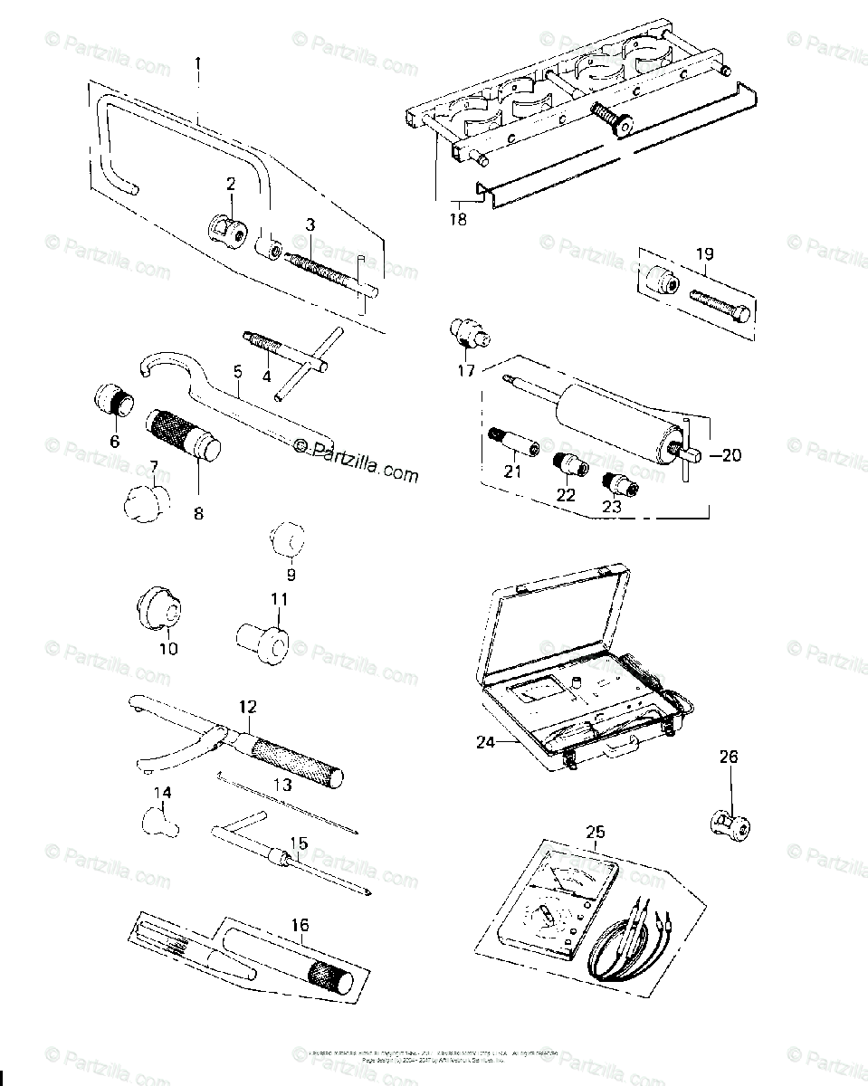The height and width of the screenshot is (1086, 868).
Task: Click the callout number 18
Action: pos(459,219)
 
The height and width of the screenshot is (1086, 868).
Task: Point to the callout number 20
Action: pos(730,455)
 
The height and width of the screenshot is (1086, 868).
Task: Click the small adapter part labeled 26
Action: pos(729,824)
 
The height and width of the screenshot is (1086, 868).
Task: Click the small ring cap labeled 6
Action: pos(116,399)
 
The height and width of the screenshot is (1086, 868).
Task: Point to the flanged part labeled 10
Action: pos(162,607)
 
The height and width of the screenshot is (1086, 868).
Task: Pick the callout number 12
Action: pos(247,706)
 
